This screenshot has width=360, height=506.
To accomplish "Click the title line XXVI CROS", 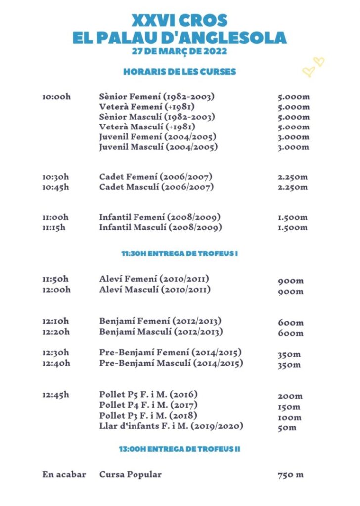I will (x=180, y=20).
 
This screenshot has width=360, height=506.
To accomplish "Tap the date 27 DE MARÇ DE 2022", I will (x=180, y=51).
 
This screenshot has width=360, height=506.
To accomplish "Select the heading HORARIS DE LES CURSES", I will (x=180, y=72).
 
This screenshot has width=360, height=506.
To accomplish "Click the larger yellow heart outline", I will (x=309, y=72).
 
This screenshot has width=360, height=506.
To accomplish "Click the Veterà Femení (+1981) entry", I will (x=147, y=107).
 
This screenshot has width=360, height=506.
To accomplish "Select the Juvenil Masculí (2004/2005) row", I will (x=158, y=147).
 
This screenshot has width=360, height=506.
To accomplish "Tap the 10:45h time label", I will (x=56, y=187).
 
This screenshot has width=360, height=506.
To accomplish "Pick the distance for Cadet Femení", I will (x=292, y=177).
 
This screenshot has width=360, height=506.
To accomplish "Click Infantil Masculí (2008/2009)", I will (x=160, y=228).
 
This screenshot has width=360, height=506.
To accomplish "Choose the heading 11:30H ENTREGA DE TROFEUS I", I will (x=180, y=253).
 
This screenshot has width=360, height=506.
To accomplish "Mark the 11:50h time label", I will (x=56, y=279).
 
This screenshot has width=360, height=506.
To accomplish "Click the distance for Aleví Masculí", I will (x=290, y=292).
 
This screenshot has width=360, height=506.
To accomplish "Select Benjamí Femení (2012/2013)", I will (x=160, y=321).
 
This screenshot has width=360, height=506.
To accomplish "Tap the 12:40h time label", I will (x=56, y=364).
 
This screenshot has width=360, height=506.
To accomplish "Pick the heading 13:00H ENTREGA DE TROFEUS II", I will (x=180, y=449).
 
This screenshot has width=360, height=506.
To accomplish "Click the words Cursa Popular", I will (x=130, y=475).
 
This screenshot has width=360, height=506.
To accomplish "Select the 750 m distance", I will (x=290, y=475).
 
